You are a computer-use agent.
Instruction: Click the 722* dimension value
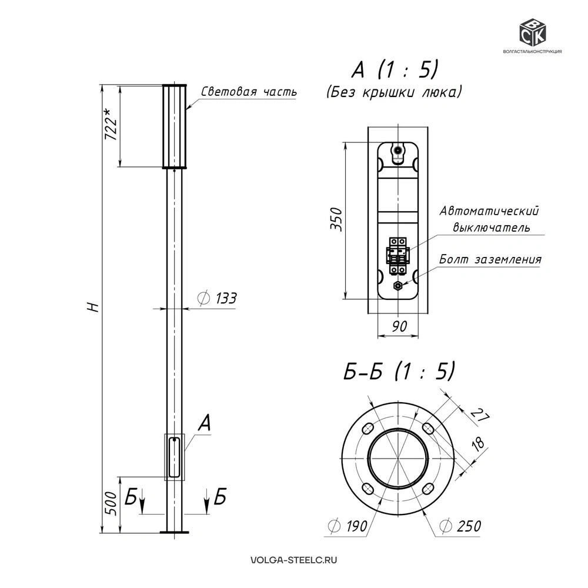(111, 124)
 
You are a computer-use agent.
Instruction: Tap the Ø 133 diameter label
(217, 298)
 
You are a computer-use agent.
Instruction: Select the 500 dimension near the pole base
(111, 504)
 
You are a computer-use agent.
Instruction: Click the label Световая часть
(249, 92)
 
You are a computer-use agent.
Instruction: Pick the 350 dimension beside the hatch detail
(336, 219)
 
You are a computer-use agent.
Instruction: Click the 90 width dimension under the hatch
(399, 326)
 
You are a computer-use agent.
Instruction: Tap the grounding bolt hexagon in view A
(397, 286)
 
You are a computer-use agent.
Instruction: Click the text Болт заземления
(490, 259)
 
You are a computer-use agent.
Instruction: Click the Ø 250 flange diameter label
(460, 526)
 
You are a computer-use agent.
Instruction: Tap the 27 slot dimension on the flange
(480, 414)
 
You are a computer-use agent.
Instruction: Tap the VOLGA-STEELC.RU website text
(293, 560)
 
